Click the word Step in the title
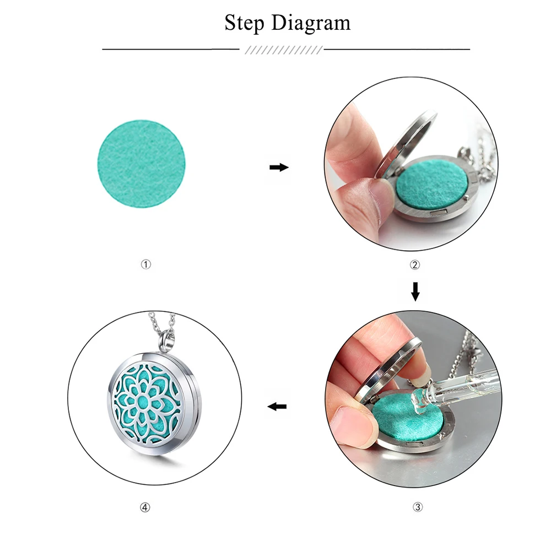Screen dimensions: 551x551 [x=244, y=23]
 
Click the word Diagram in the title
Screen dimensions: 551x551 [x=311, y=23]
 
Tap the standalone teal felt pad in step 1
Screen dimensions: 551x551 [x=141, y=164]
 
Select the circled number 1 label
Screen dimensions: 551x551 [x=146, y=264]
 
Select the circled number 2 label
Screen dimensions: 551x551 [x=415, y=264]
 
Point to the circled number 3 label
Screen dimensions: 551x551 [x=418, y=507]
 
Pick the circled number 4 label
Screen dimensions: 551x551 [x=145, y=507]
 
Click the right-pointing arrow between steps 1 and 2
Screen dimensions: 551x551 [x=279, y=168]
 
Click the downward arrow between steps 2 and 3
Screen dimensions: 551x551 [x=415, y=291]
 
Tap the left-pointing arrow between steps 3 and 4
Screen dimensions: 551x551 [x=277, y=407]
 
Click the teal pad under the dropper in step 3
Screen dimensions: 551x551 [x=408, y=420]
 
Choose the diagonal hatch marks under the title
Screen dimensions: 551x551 [x=283, y=50]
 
